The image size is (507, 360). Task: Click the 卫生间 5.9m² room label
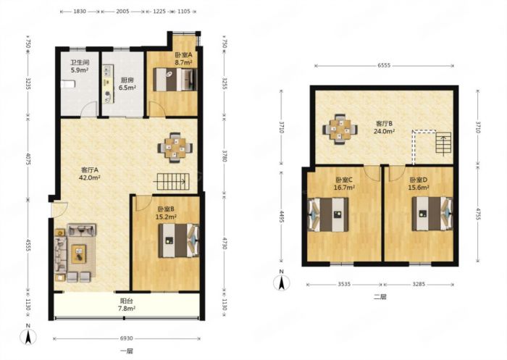(x=80, y=66)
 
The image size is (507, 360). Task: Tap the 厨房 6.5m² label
(x=127, y=83)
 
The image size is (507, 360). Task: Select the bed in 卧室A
(x=175, y=79)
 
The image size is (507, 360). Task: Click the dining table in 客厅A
(x=175, y=148)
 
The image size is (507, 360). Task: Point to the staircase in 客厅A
(x=173, y=182)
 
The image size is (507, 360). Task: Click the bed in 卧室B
(x=178, y=240)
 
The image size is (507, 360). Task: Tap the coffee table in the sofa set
(x=79, y=253)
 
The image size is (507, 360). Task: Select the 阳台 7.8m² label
(x=127, y=305)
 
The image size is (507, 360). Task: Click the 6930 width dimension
(x=127, y=338)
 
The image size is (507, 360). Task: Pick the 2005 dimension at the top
(x=123, y=12)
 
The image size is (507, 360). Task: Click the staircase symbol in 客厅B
(x=443, y=143)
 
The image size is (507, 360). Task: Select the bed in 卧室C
(x=328, y=214)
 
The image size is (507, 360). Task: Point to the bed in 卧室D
(x=432, y=214)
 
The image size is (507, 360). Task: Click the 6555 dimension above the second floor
(x=384, y=65)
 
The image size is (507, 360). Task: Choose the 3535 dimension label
(x=344, y=285)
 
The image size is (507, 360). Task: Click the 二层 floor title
(x=380, y=297)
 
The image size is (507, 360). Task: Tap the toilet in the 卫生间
(x=68, y=84)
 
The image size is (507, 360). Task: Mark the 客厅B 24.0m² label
(x=385, y=127)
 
